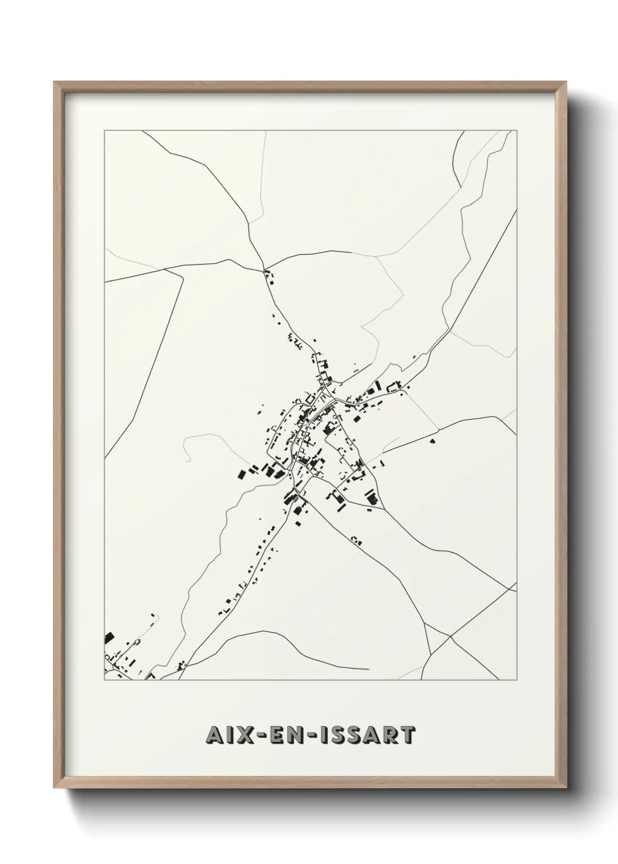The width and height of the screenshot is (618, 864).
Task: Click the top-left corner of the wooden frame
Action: click(x=55, y=82)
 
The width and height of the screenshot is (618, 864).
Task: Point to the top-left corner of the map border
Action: click(x=105, y=131)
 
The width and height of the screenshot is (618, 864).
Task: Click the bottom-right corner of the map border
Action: click(x=517, y=680)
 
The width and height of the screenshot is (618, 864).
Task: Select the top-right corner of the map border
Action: click(x=517, y=131)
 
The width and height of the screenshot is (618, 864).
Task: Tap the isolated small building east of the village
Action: click(x=432, y=441)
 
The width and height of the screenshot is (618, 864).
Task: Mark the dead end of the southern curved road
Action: click(x=369, y=669)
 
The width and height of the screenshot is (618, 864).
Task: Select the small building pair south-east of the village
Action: click(x=356, y=540)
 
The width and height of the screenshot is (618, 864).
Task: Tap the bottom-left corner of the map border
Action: click(x=105, y=680)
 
